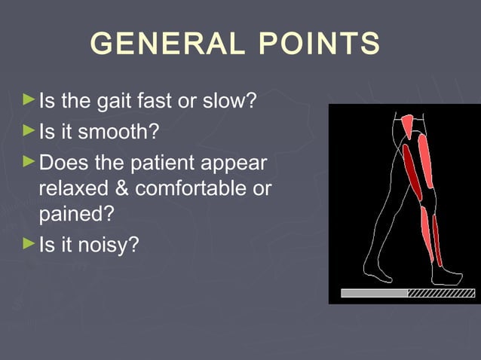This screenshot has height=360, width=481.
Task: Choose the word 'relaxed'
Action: pos(69,188)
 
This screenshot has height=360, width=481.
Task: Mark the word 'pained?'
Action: pos(75,214)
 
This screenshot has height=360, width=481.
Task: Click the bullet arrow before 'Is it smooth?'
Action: pos(29,130)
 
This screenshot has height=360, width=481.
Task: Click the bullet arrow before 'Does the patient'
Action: pos(29,161)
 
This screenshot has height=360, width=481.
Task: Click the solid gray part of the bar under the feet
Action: pos(374,293)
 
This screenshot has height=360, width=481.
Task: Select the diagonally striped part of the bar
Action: pos(440,293)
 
